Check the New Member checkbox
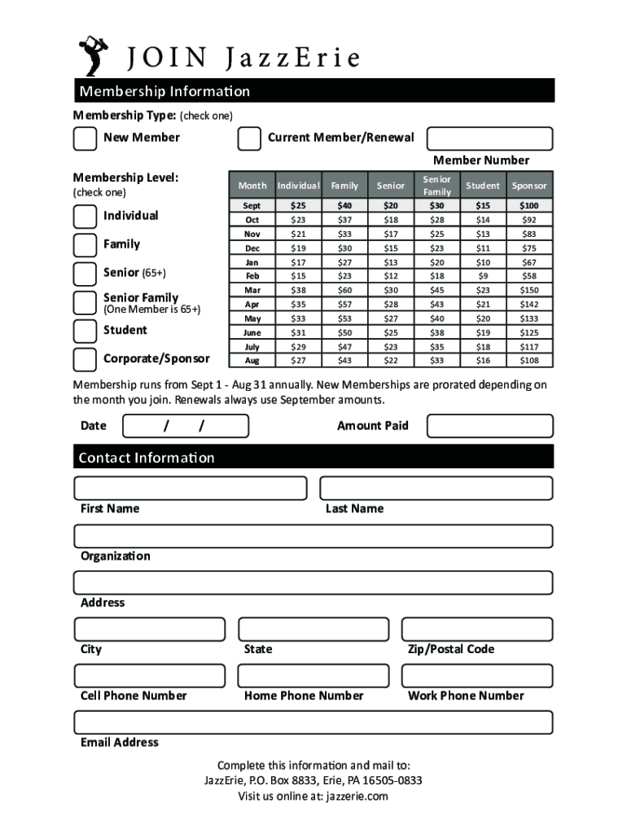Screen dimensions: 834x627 click(x=85, y=138)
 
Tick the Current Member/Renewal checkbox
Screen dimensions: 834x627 click(x=249, y=138)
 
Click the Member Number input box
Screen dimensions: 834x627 click(x=489, y=138)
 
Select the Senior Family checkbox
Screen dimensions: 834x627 click(x=85, y=303)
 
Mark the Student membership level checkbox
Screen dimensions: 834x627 click(x=85, y=331)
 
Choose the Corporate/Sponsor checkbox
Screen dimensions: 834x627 click(x=85, y=359)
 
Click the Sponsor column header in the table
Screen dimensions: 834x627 click(x=529, y=186)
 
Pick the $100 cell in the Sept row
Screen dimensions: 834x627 click(x=529, y=206)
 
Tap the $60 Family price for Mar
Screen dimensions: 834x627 click(x=345, y=290)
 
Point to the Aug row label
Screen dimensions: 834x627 click(x=252, y=360)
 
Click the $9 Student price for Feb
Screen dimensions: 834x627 click(x=483, y=276)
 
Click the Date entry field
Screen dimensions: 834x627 click(x=186, y=426)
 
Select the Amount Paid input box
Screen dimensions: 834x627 click(x=489, y=426)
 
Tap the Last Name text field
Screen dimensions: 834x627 click(x=436, y=488)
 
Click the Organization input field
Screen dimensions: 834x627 click(x=313, y=536)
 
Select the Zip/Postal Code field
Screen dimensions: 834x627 click(x=477, y=630)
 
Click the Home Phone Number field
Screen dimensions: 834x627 click(x=313, y=676)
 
